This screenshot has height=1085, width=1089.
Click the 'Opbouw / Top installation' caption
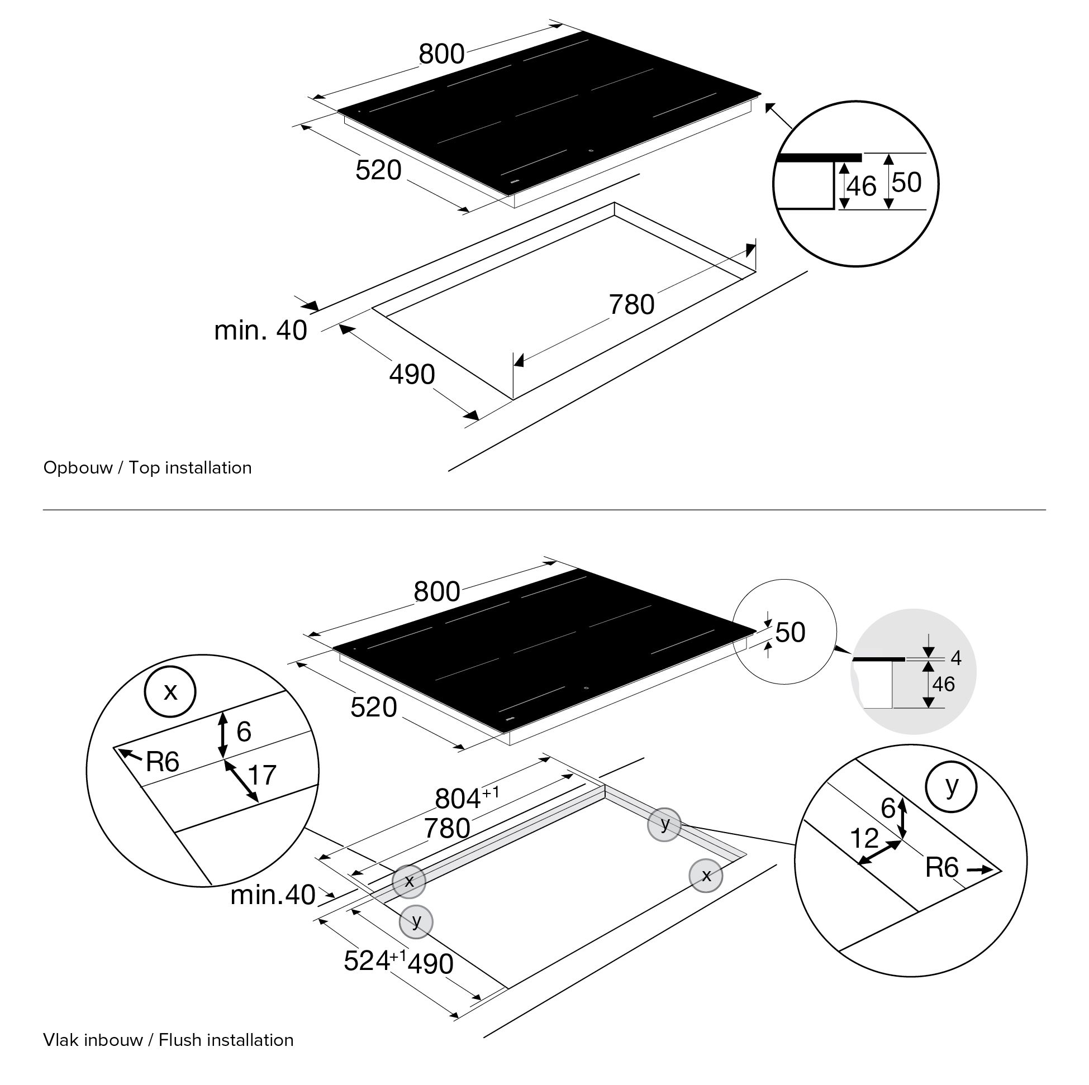[147, 468]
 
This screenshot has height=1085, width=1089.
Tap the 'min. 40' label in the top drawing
[260, 331]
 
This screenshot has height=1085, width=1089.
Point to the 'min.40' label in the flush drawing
[273, 895]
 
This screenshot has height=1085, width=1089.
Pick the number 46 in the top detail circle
[861, 187]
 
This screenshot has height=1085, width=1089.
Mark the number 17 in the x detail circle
[262, 776]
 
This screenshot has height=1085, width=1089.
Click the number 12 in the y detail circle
[863, 839]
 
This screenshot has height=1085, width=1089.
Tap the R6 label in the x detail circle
[163, 762]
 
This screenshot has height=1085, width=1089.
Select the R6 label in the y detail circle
[942, 868]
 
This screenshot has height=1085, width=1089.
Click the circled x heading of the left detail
[170, 692]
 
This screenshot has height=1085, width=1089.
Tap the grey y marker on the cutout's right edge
[664, 825]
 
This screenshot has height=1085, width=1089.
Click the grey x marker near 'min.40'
[409, 881]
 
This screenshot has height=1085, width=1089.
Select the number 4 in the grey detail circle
[955, 657]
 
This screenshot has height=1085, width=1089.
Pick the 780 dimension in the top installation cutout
[631, 305]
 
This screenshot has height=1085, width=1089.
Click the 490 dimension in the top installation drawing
[412, 375]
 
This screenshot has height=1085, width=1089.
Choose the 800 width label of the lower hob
[437, 592]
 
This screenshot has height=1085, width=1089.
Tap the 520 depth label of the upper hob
[378, 170]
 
